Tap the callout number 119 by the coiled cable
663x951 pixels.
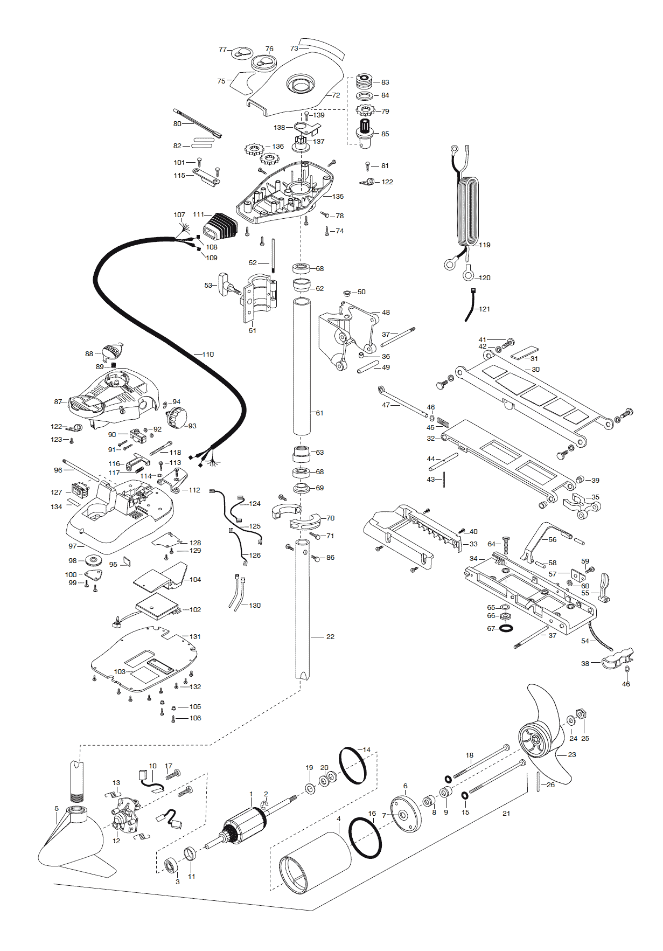click(x=485, y=245)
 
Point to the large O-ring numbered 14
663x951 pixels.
click(x=353, y=766)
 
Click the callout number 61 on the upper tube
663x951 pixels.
click(x=319, y=413)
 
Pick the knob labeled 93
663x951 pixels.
click(x=177, y=418)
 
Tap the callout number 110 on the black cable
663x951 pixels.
click(x=208, y=355)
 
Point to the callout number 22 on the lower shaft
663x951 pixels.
click(x=330, y=637)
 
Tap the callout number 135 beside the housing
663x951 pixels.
click(x=338, y=197)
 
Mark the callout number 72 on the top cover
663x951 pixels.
click(x=336, y=95)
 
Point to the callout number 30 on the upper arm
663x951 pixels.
click(x=535, y=370)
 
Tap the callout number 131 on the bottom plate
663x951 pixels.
click(x=195, y=637)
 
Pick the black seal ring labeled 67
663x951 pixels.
click(x=506, y=628)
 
